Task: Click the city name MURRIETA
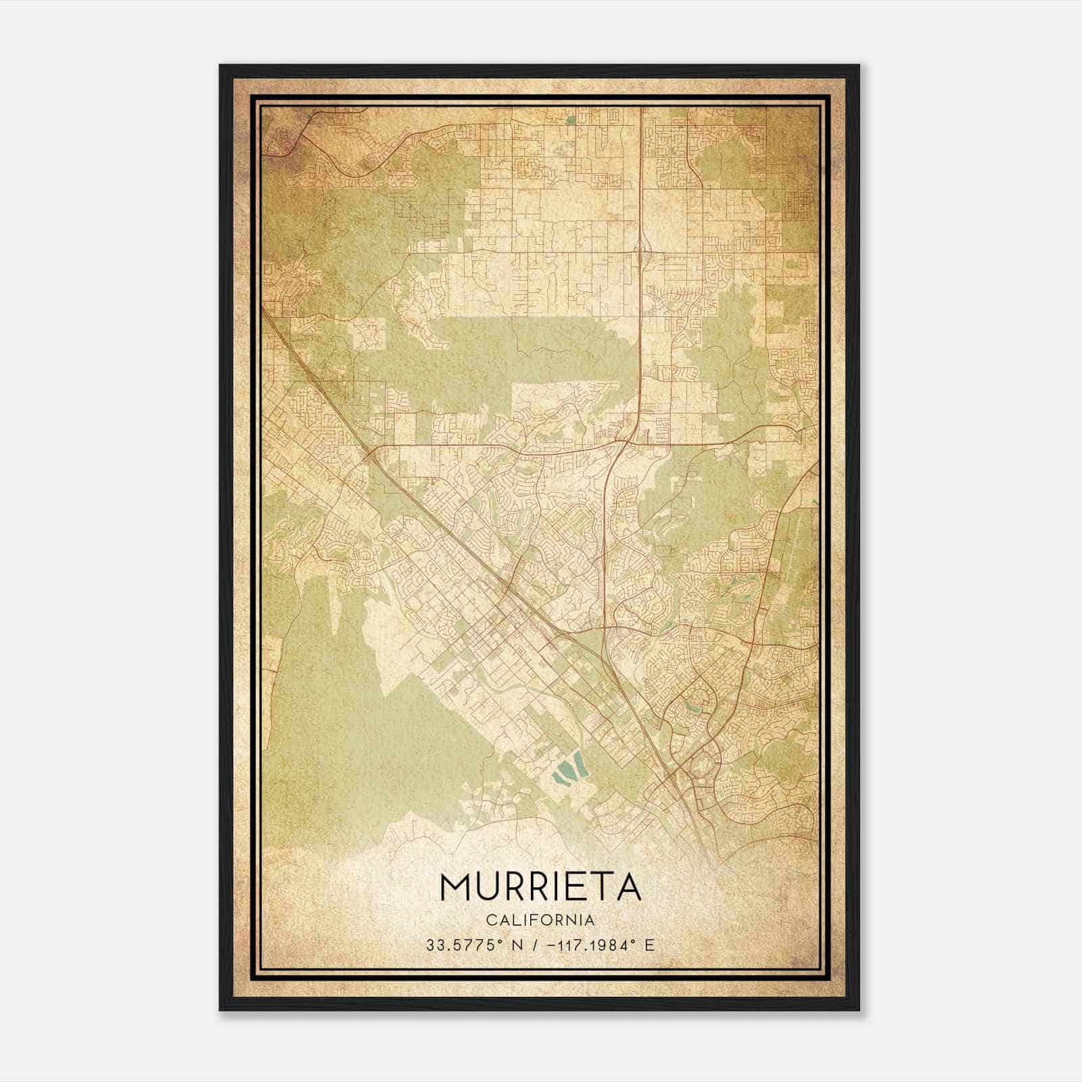540,887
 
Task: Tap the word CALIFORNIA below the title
540,920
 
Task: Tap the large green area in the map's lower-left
352,730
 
